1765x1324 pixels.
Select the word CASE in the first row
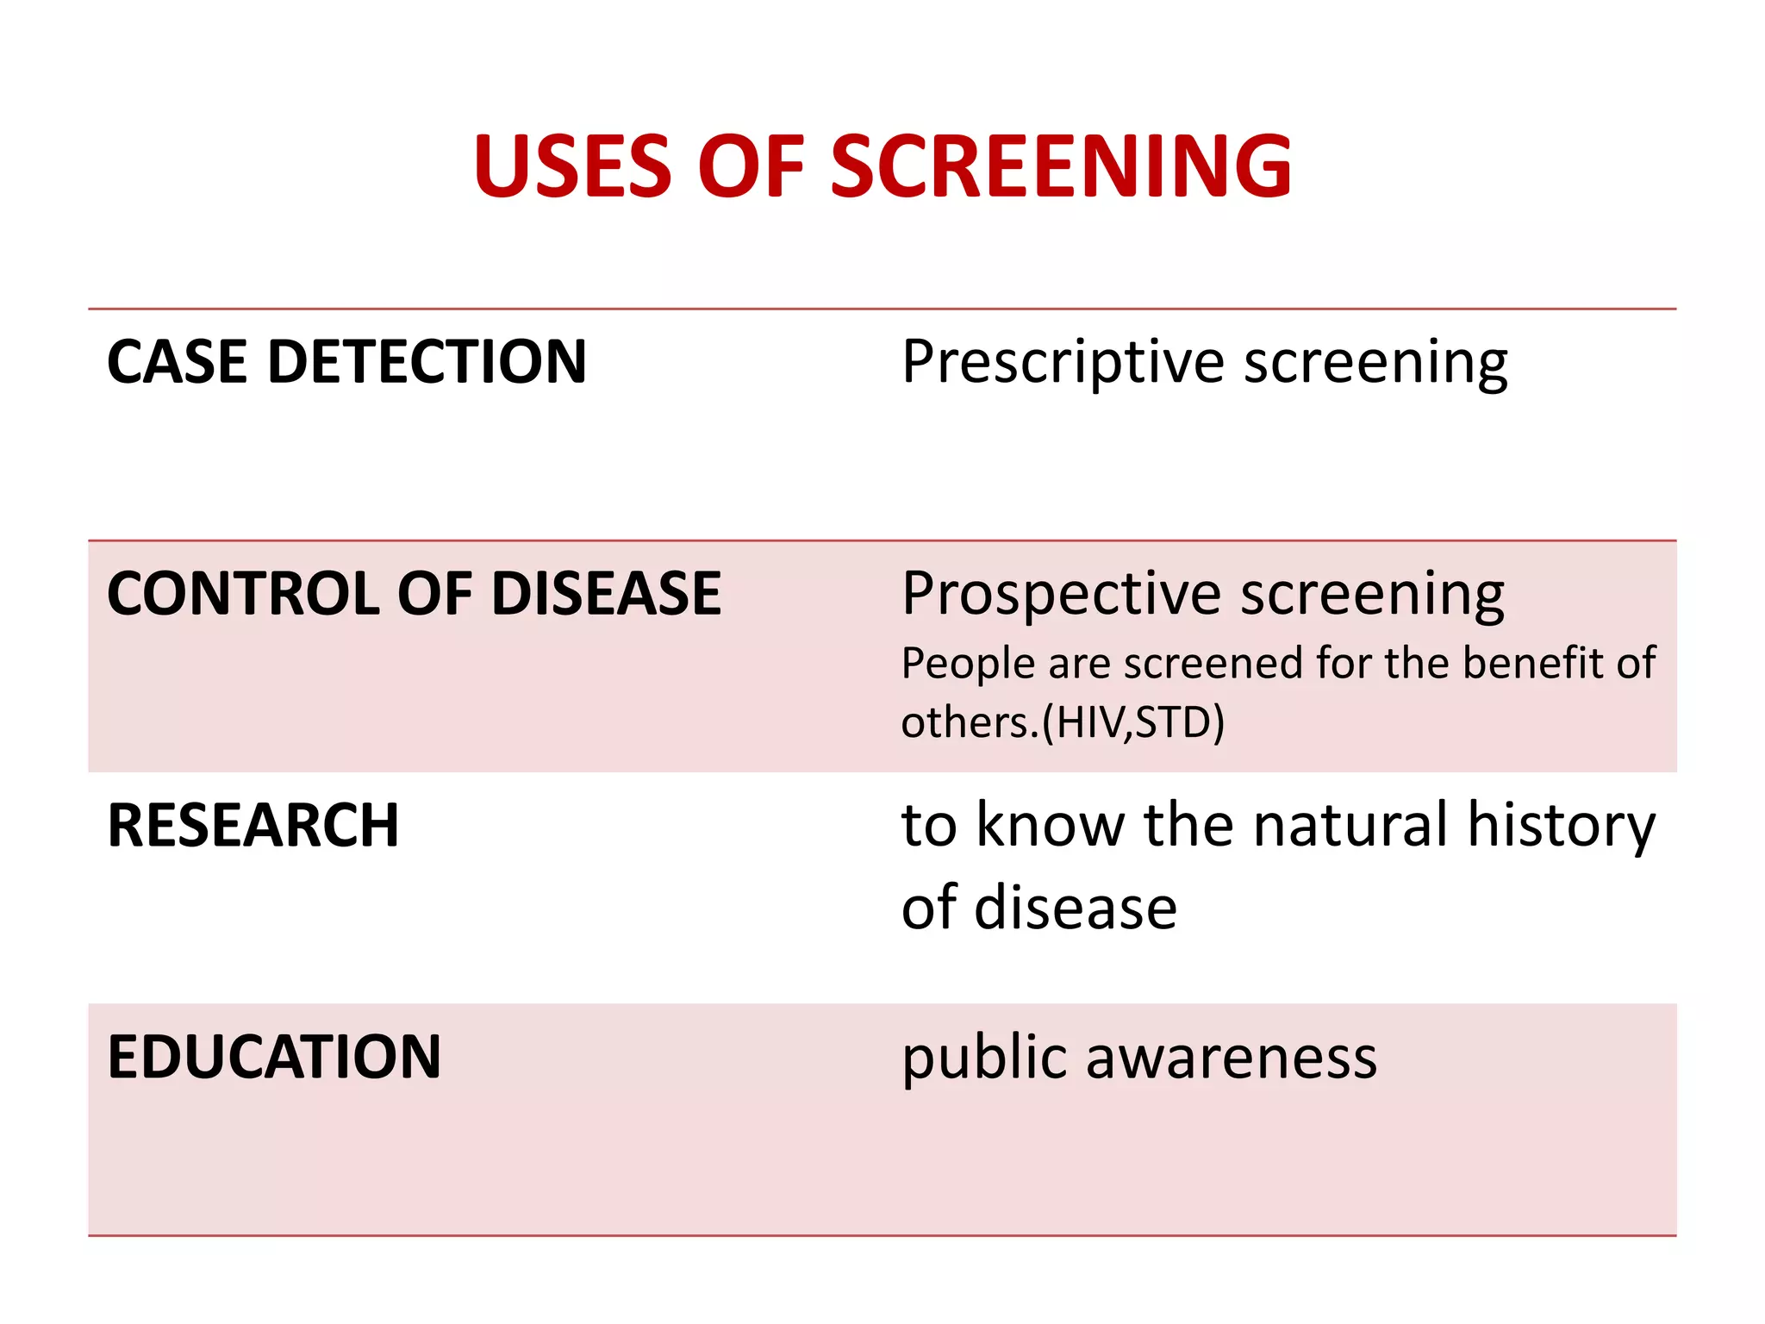[177, 361]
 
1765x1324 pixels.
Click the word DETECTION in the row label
[427, 361]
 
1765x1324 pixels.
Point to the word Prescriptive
[1063, 361]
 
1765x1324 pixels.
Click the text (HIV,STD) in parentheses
[1133, 721]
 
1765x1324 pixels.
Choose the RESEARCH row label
[253, 825]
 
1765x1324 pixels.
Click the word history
[1561, 827]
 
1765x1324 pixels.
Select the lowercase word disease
[1076, 908]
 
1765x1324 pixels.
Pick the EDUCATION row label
[274, 1057]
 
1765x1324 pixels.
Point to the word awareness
[1232, 1059]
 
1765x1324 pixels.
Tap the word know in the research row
[1051, 825]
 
